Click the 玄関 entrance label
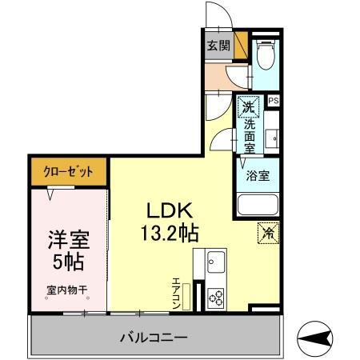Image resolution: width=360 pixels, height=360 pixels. click(218, 46)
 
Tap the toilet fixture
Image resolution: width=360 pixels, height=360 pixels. click(265, 54)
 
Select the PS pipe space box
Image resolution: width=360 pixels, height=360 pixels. click(274, 101)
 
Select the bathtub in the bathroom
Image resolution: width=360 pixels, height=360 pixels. click(258, 205)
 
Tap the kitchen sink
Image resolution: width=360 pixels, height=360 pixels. click(215, 262)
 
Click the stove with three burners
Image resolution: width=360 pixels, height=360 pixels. click(216, 298)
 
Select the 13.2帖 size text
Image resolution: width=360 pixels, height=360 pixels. click(171, 233)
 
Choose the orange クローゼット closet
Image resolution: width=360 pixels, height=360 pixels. click(69, 172)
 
